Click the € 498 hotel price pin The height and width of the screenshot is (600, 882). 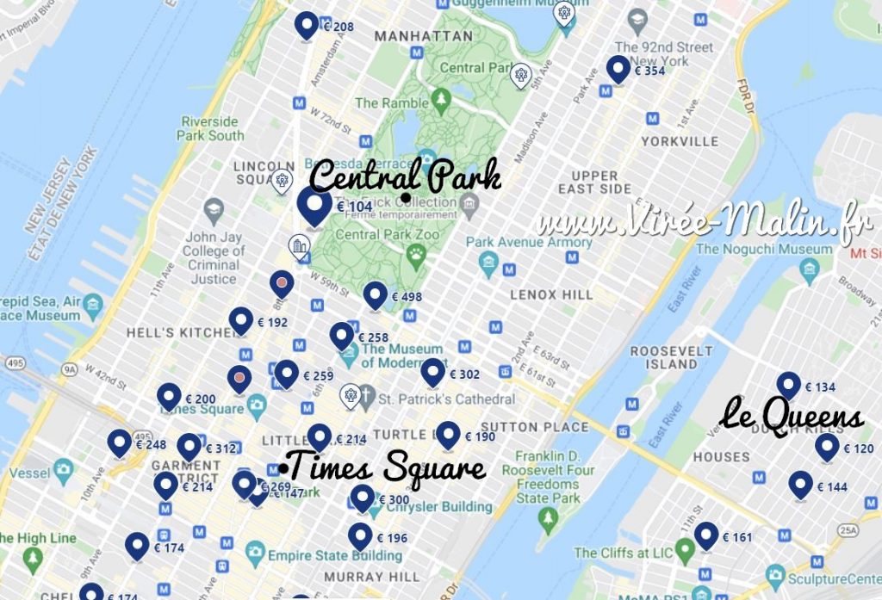[375, 295]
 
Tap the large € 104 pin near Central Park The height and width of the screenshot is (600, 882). [314, 206]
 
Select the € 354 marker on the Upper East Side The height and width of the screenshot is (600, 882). [618, 69]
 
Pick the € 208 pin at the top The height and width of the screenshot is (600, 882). [306, 26]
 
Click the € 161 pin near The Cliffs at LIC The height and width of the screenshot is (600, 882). [707, 535]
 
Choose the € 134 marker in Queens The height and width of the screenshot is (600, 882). [788, 386]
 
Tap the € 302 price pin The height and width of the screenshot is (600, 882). [433, 373]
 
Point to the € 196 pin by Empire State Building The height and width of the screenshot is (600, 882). [360, 536]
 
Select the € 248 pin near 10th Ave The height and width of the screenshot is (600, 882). [120, 443]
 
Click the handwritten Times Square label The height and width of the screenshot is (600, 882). [387, 469]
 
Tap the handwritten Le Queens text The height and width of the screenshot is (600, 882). [792, 416]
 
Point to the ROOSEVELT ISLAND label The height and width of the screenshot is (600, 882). [672, 357]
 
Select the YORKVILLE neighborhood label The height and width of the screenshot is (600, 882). [680, 140]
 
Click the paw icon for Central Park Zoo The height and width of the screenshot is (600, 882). [417, 253]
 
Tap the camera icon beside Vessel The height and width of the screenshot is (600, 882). [63, 469]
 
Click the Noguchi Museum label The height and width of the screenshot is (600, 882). [765, 249]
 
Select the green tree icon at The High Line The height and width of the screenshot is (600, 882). [34, 560]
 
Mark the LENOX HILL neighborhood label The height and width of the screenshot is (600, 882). [551, 294]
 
